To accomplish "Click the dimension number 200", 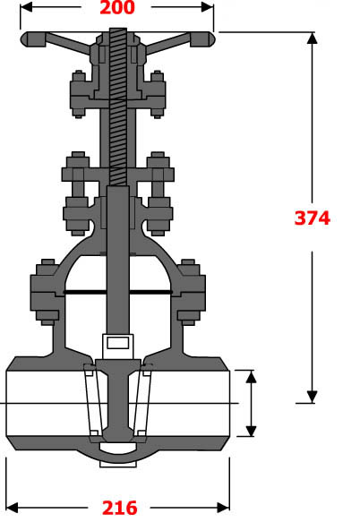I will click(x=116, y=9).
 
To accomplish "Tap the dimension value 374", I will click(x=313, y=218).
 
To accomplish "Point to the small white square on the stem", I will click(x=118, y=341).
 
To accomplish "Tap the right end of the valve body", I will click(x=227, y=403).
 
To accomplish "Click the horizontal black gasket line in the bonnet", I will click(x=116, y=292).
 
